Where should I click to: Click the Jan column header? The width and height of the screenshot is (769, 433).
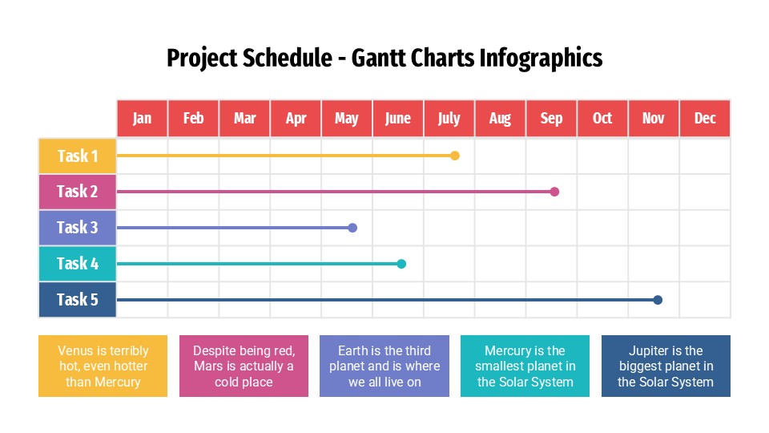coord(142,119)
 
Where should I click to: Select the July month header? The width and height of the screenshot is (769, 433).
coord(449,119)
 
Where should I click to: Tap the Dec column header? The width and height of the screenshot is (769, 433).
coord(705,119)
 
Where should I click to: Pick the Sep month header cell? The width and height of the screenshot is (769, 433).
coord(551,119)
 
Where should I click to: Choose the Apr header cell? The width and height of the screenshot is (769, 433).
coord(296,119)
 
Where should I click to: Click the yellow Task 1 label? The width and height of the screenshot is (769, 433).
coord(78,156)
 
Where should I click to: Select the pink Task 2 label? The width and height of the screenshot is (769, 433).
coord(78,192)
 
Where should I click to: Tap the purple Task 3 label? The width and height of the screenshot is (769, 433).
coord(78,228)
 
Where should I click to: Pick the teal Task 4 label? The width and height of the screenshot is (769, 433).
coord(78,264)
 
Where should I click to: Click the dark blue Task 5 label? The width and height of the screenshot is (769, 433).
coord(78,300)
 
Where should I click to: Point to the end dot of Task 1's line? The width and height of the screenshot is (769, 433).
coord(455,156)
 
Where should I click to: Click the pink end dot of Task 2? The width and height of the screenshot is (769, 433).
coord(554,192)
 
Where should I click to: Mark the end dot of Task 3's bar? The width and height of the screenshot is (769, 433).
coord(352,228)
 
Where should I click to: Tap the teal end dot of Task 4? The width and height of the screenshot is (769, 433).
coord(401,264)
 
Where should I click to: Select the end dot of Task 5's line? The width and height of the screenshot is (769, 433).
coord(658,300)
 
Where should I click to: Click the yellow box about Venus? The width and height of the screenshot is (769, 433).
coord(103,366)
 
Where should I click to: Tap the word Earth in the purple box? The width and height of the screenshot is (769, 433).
coord(353,350)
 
